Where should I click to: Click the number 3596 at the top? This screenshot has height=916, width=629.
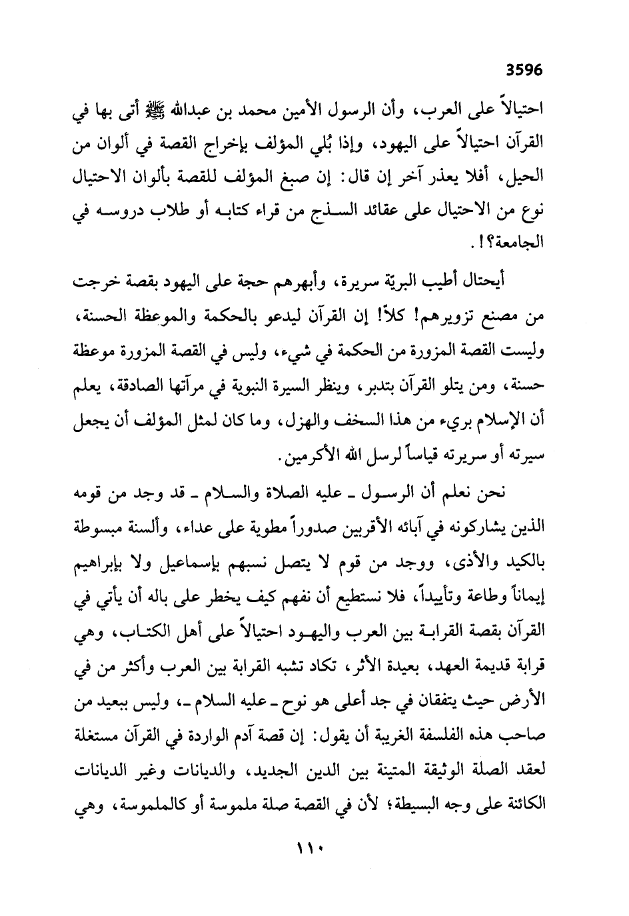(524, 69)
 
